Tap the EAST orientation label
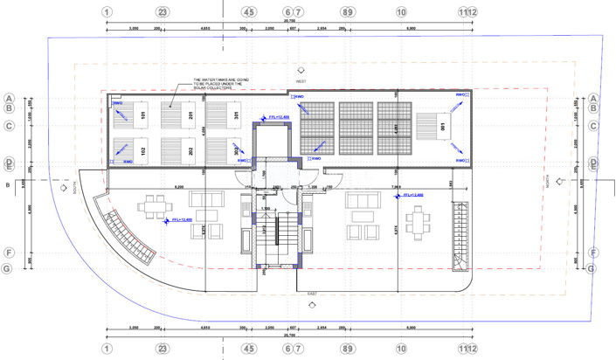pos(312,294)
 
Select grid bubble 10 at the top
pos(401,12)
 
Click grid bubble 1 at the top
pos(107,12)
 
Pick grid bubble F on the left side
pos(9,253)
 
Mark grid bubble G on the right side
pos(593,268)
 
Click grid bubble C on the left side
pos(9,126)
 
